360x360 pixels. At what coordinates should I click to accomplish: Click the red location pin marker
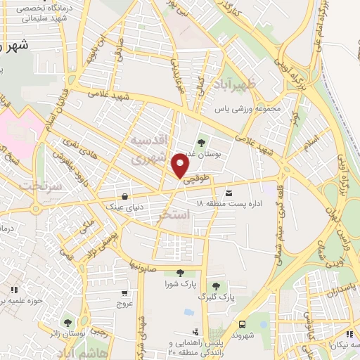click(181, 167)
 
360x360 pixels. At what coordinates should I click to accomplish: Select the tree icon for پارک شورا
click(179, 272)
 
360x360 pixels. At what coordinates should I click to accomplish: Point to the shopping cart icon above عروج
click(124, 292)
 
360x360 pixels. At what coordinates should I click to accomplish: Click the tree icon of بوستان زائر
click(67, 323)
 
